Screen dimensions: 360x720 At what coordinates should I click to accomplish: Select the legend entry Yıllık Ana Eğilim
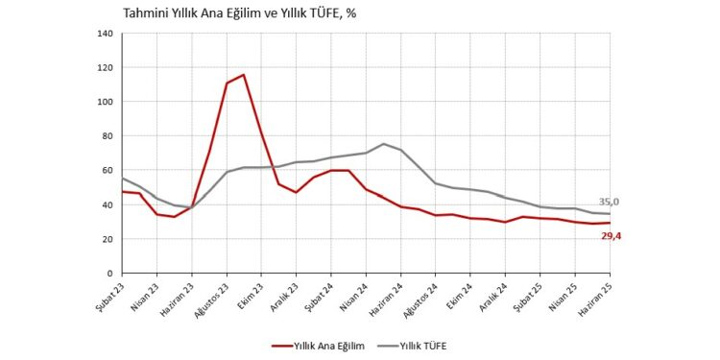pyautogui.click(x=324, y=344)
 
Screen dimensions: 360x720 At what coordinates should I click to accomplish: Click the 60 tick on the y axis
pyautogui.click(x=108, y=171)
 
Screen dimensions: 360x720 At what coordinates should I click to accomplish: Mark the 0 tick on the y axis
pyautogui.click(x=111, y=274)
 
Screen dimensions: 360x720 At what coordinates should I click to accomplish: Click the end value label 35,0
pyautogui.click(x=609, y=202)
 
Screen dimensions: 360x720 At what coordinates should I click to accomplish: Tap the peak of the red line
pyautogui.click(x=244, y=75)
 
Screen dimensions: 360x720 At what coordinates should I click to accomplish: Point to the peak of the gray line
pyautogui.click(x=383, y=144)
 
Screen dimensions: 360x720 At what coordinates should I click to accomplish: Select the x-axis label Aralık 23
pyautogui.click(x=287, y=297)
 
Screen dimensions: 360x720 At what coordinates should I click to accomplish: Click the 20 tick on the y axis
pyautogui.click(x=108, y=239)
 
